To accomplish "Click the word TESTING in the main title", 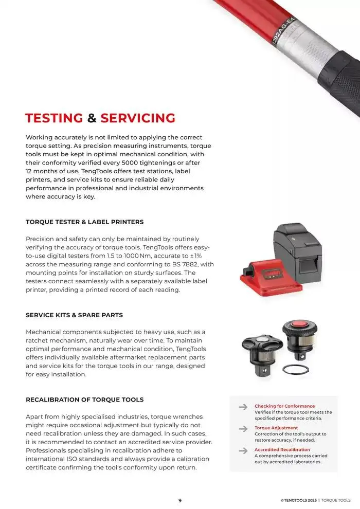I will click(x=54, y=118).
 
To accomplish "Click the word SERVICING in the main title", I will click(x=138, y=118).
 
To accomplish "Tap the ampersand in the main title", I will click(x=92, y=118).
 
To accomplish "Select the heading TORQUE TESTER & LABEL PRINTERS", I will click(x=85, y=222).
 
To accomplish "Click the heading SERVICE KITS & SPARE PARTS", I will click(x=75, y=315).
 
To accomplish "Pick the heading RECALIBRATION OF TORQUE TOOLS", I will click(x=85, y=399).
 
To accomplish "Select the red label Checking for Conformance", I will click(x=284, y=406).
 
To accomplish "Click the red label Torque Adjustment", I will click(x=276, y=428).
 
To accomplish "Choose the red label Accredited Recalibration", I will click(x=282, y=449).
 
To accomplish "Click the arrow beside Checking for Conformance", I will click(x=243, y=407).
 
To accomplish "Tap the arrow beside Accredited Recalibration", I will click(x=243, y=450).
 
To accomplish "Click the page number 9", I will click(x=179, y=500).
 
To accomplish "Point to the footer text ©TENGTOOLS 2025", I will click(x=298, y=500).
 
